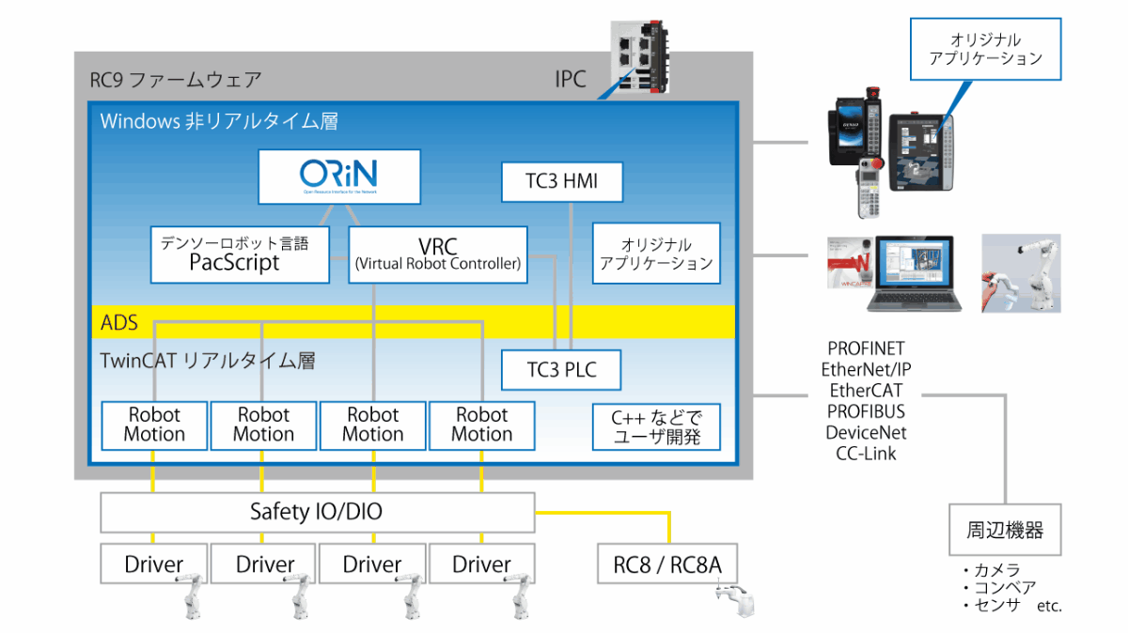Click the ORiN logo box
339,176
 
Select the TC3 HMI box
562,181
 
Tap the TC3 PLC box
562,369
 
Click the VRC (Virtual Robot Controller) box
437,255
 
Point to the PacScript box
240,255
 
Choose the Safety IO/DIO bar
317,512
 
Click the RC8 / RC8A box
668,564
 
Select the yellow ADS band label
120,323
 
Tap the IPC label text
570,79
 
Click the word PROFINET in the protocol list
866,349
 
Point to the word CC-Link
866,454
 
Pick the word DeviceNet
866,433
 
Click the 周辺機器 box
1005,531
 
